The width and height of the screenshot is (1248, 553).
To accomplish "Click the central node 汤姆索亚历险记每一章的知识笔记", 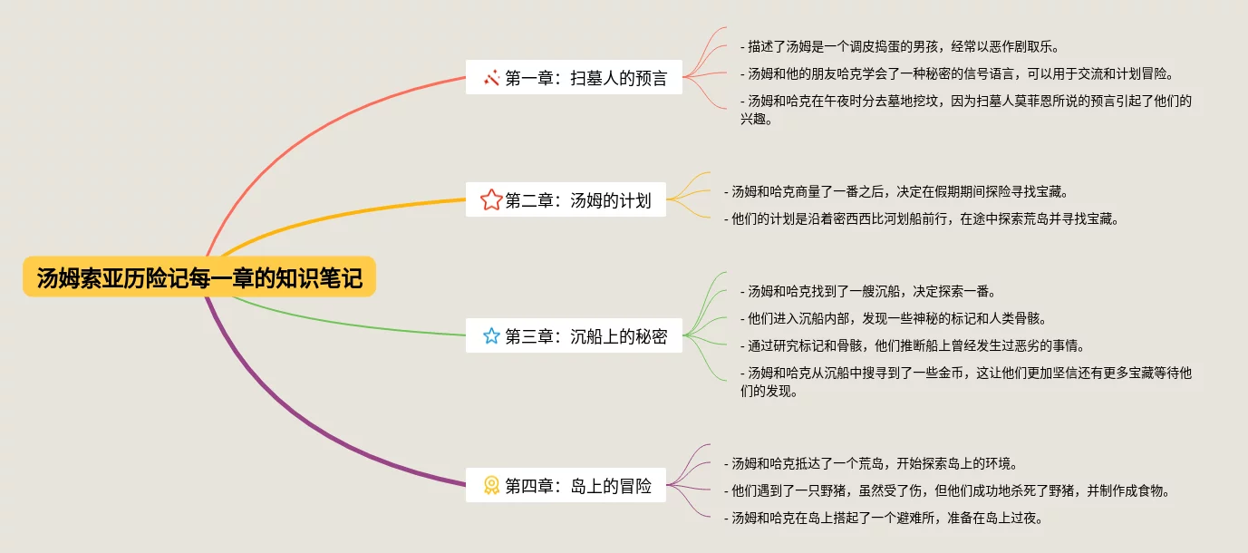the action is pyautogui.click(x=199, y=277).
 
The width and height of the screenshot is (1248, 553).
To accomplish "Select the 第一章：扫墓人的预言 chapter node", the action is pyautogui.click(x=574, y=78).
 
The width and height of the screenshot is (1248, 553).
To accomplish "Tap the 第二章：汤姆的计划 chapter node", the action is pyautogui.click(x=566, y=200).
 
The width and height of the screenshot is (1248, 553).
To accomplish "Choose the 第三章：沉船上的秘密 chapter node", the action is pyautogui.click(x=574, y=336).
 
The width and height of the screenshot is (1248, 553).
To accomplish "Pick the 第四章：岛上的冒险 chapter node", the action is pyautogui.click(x=566, y=486).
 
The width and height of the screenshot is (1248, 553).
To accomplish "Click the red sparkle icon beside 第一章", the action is pyautogui.click(x=491, y=78).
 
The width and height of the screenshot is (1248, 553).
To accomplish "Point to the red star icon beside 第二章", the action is pyautogui.click(x=491, y=200).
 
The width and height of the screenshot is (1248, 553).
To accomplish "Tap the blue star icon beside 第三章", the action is pyautogui.click(x=491, y=336).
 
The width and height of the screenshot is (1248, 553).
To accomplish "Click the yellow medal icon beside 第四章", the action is pyautogui.click(x=491, y=486).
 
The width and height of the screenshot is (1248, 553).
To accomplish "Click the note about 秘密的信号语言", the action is pyautogui.click(x=962, y=73).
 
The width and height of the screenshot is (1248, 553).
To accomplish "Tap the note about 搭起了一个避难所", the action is pyautogui.click(x=883, y=518).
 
